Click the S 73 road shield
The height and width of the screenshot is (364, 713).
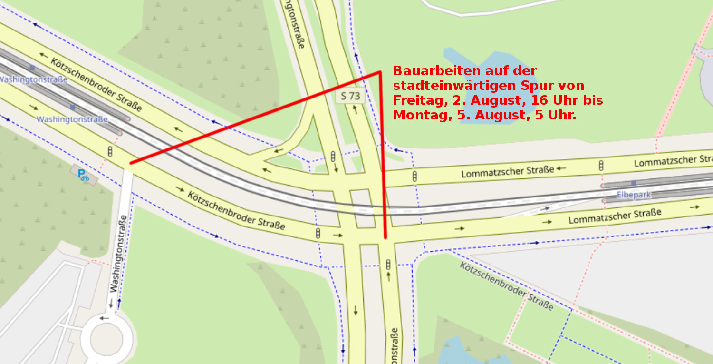(x=351, y=96)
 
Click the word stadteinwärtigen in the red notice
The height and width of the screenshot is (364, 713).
(x=461, y=86)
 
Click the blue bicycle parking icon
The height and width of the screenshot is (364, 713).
(x=84, y=175)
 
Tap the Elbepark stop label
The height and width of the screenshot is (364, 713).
(x=634, y=195)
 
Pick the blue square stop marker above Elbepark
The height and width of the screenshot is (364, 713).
(x=634, y=183)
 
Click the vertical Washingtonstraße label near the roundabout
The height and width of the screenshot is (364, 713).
(x=118, y=254)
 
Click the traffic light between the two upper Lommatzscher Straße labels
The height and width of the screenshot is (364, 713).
(x=601, y=166)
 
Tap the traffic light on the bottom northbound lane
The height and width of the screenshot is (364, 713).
(x=388, y=265)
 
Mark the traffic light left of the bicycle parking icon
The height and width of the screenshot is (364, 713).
(x=110, y=152)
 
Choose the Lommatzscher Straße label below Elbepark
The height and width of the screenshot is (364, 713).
(x=615, y=216)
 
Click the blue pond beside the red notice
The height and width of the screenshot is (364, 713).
(x=485, y=95)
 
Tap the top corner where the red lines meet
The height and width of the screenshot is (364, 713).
(x=380, y=72)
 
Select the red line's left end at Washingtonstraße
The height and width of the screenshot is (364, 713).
(x=131, y=163)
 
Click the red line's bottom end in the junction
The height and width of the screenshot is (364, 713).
(x=385, y=237)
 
